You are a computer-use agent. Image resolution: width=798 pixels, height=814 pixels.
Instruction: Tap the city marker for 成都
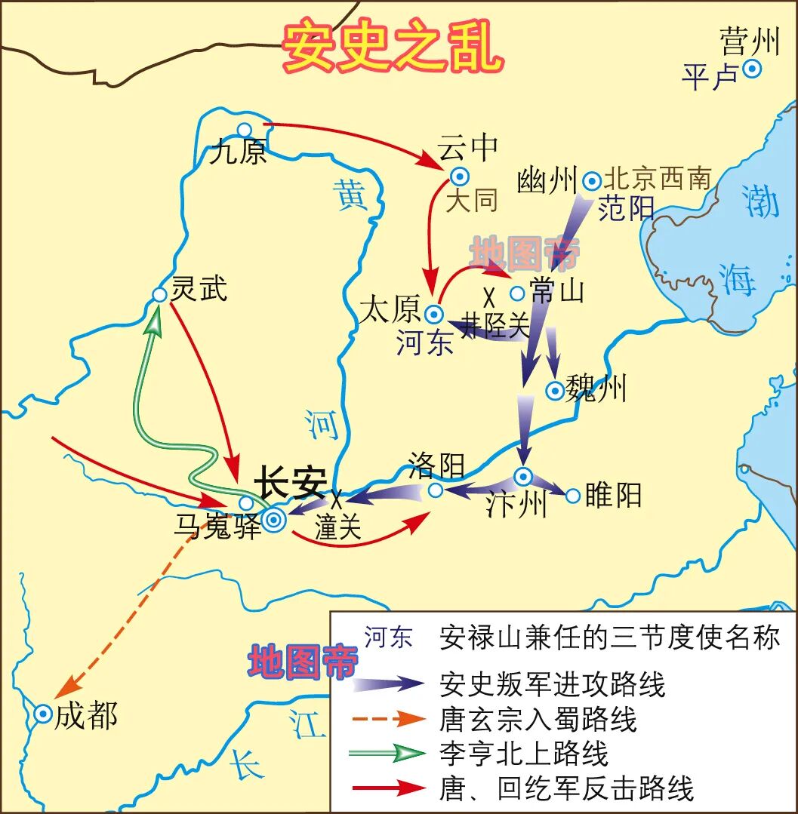pos(43,714)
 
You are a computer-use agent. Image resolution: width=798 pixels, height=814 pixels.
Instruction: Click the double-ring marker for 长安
pos(273,519)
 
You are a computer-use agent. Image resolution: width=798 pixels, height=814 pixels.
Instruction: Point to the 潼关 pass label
pos(338,527)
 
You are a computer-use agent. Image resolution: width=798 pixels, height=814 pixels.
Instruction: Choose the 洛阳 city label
pos(436,465)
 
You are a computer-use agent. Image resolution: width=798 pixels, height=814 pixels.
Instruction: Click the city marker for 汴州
pos(523,476)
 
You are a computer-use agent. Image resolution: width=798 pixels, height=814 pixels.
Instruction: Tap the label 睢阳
pos(613,496)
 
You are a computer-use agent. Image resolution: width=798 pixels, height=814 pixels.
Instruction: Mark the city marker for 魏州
pos(555,390)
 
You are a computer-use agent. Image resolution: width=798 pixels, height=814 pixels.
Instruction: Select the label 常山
pos(557,290)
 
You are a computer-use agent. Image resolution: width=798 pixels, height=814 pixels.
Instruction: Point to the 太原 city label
pos(389,310)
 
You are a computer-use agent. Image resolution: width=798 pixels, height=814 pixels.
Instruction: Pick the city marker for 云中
pos(459,176)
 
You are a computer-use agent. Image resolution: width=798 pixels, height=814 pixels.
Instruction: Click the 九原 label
pos(238,153)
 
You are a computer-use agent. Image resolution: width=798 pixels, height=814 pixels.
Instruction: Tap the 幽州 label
pos(547,181)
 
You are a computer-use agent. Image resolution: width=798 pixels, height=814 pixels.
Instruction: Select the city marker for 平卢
pos(751,69)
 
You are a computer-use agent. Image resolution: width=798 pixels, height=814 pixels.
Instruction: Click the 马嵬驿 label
pos(217,526)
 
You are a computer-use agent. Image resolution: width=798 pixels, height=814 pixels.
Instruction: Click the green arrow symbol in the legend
pos(390,753)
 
